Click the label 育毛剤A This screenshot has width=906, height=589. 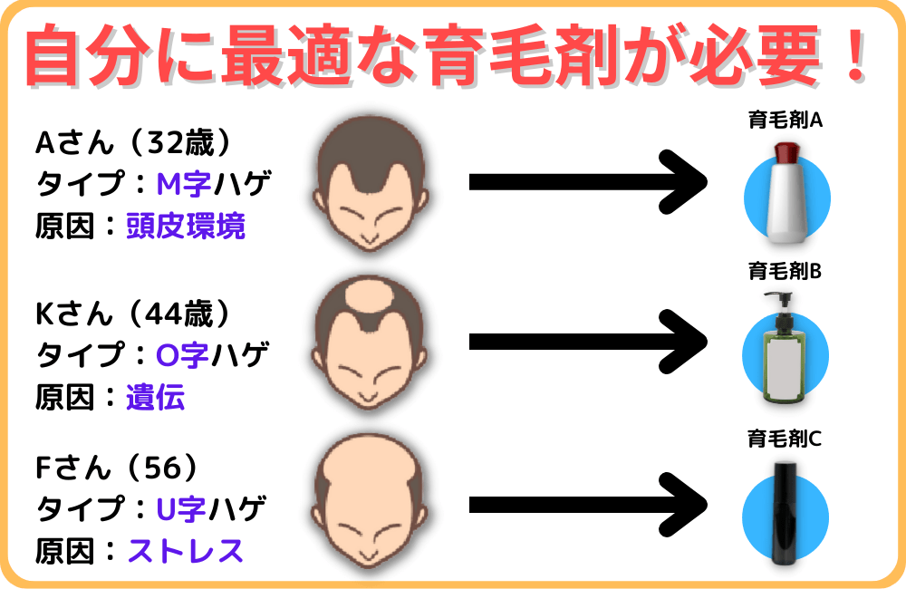point(785,120)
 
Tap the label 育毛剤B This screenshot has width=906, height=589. point(785,271)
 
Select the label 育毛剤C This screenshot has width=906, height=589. point(785,440)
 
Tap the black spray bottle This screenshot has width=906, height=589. point(785,513)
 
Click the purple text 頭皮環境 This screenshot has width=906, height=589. point(186,226)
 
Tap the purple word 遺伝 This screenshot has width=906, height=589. point(156,397)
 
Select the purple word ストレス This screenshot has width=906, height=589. point(186,550)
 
